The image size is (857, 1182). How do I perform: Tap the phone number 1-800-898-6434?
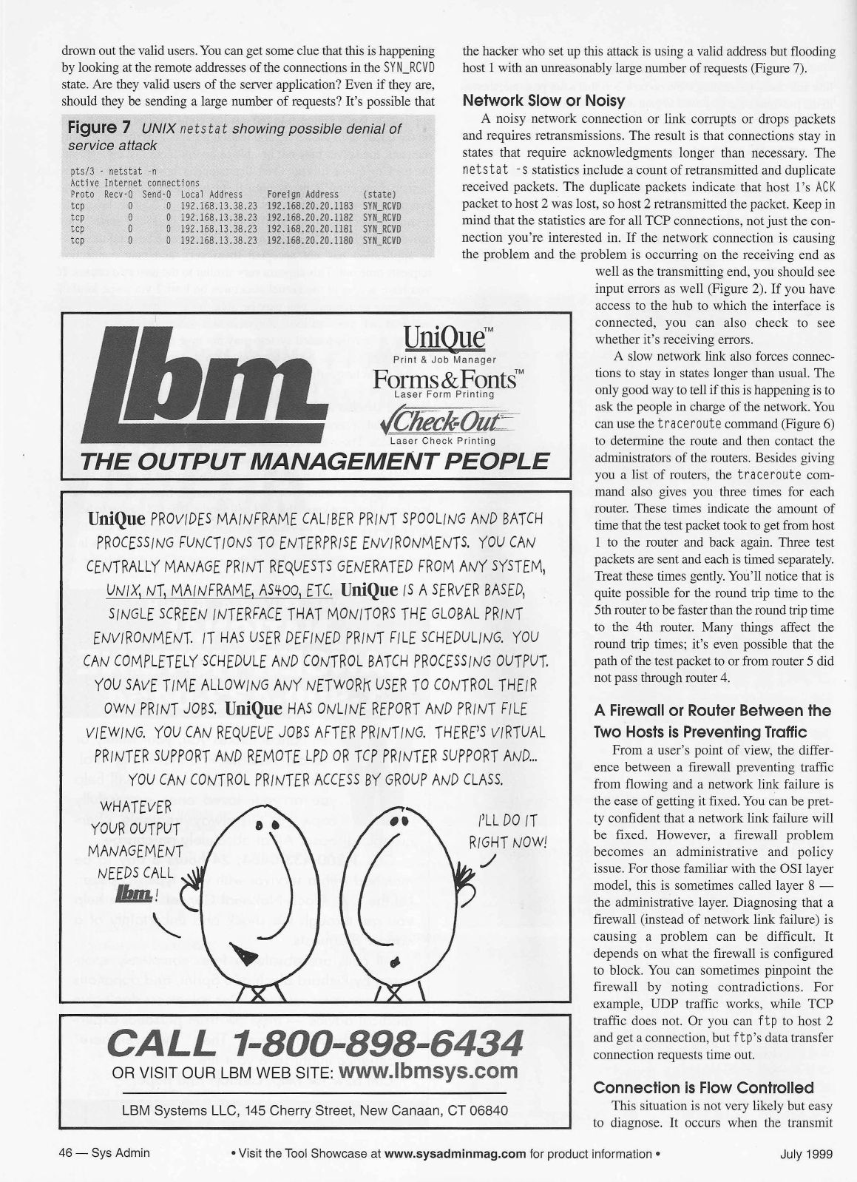pos(315,1044)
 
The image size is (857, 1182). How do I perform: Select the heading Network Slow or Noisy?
pos(543,100)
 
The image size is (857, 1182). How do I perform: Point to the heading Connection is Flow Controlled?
pos(704,1087)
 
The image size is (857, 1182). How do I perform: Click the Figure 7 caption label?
pos(99,129)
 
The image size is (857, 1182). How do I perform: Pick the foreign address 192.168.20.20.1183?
pos(311,206)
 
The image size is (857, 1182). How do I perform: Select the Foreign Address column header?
pos(302,195)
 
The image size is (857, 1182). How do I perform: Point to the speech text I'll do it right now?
pos(511,831)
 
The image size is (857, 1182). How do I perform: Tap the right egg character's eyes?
pos(399,822)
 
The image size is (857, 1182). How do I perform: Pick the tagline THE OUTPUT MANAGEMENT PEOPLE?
pos(314,462)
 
